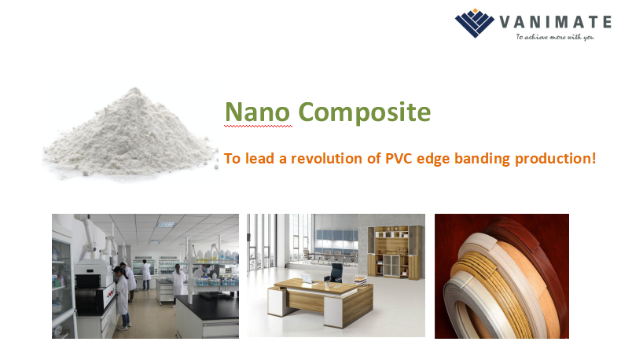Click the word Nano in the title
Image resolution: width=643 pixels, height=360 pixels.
tap(258, 112)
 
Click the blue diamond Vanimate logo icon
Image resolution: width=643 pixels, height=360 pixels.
tap(475, 23)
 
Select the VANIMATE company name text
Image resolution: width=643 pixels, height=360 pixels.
tap(555, 22)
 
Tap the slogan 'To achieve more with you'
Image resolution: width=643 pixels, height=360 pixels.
tap(555, 37)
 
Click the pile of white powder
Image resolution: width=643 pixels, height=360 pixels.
tap(130, 134)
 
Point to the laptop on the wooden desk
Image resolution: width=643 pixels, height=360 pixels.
tap(307, 279)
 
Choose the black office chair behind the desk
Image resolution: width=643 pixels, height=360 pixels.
tap(336, 272)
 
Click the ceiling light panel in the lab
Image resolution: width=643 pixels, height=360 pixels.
tap(166, 224)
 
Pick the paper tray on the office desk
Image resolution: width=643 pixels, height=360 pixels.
tap(360, 280)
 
